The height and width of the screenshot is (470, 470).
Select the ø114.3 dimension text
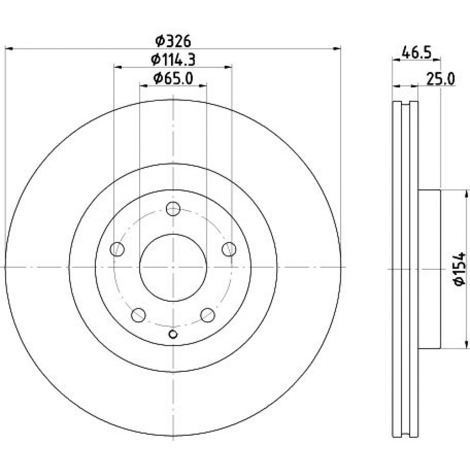(173, 60)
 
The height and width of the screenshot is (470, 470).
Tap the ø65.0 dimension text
(173, 78)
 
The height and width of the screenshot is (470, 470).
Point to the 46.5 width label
(416, 53)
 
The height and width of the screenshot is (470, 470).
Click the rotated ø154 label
(460, 269)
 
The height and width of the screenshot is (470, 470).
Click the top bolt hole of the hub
(173, 209)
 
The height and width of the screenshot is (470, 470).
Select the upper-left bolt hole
(117, 249)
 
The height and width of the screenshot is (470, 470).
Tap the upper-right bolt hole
(229, 249)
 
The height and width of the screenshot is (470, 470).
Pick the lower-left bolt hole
(139, 315)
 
